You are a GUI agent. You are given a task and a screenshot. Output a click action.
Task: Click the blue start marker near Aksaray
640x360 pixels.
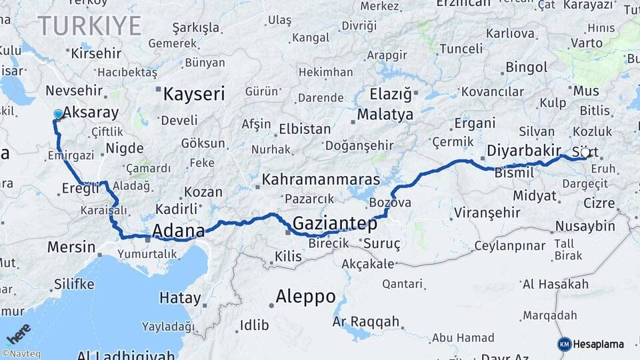click(58, 115)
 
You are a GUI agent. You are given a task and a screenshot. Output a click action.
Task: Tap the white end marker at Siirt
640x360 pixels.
click(585, 153)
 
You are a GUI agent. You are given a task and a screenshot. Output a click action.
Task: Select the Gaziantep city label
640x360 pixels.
click(334, 224)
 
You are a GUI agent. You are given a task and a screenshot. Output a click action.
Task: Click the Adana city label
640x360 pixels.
click(178, 231)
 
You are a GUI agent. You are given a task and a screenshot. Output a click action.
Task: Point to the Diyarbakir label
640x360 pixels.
click(523, 150)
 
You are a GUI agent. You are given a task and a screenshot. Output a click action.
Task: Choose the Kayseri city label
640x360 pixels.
click(194, 94)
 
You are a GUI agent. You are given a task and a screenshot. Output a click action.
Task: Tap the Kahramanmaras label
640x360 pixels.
click(321, 180)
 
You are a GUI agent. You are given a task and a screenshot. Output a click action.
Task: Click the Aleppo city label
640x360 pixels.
click(305, 297)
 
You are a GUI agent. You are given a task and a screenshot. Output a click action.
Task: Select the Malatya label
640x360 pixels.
click(385, 115)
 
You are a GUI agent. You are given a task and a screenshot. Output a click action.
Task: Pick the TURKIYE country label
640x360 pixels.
click(89, 26)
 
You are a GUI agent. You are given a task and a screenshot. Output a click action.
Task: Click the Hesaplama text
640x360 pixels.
click(599, 344)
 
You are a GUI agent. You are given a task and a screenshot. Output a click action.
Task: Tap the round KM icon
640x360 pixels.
click(564, 344)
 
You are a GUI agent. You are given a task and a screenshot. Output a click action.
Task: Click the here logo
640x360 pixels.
click(18, 333)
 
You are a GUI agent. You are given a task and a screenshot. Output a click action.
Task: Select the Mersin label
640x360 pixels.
click(71, 247)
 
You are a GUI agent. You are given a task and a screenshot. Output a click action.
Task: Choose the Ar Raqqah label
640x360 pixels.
click(365, 322)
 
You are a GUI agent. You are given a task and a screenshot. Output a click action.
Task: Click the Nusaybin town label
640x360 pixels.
click(585, 227)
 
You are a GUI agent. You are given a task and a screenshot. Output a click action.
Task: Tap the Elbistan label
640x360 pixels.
click(305, 129)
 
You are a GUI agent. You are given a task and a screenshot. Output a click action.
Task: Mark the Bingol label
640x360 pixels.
click(526, 67)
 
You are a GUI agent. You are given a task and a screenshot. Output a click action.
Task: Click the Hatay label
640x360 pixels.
click(180, 298)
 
